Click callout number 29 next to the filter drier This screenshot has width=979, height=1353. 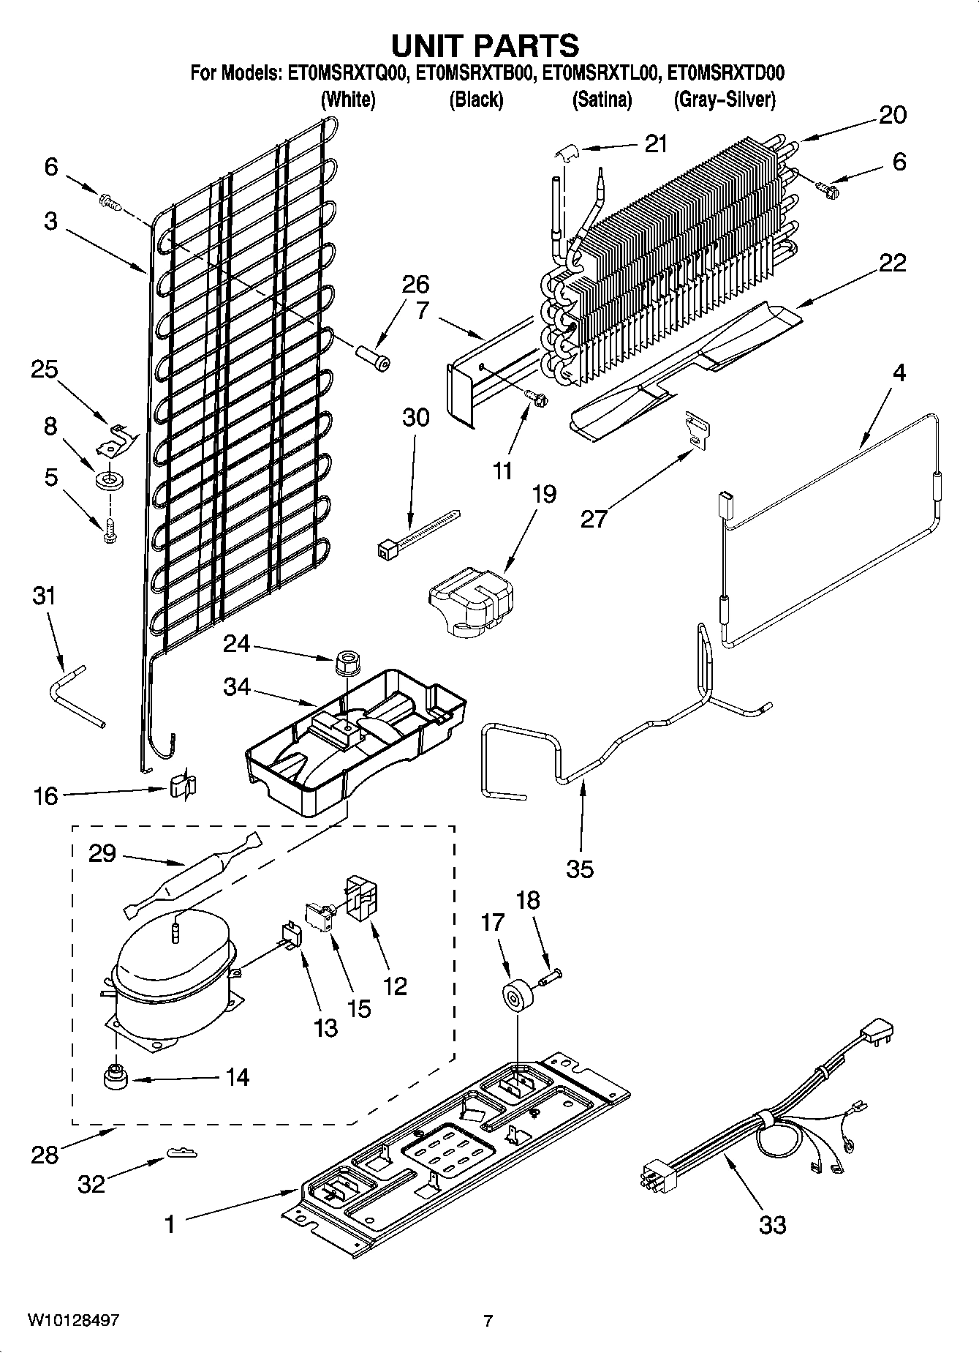pyautogui.click(x=102, y=853)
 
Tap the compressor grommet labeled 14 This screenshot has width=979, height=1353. pyautogui.click(x=113, y=1078)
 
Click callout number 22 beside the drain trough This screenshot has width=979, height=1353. pyautogui.click(x=892, y=263)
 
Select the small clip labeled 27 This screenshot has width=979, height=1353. pyautogui.click(x=698, y=431)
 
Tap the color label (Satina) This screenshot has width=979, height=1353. pyautogui.click(x=602, y=100)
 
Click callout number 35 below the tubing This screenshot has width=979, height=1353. pyautogui.click(x=579, y=869)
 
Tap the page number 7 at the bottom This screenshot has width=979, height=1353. pyautogui.click(x=488, y=1320)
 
